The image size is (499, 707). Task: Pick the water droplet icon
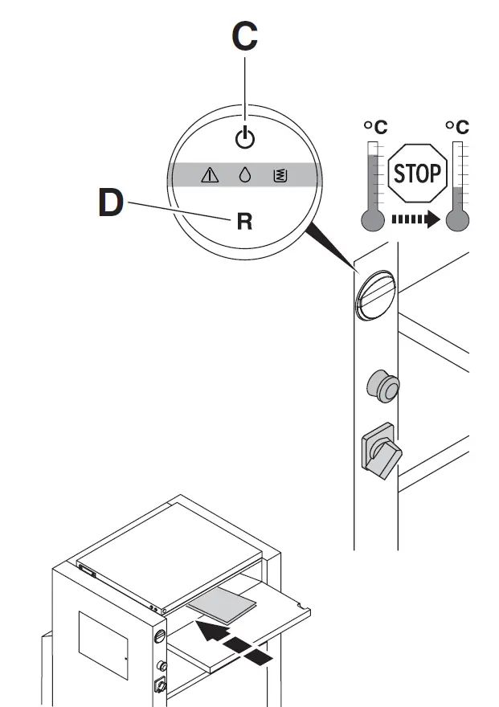click(245, 174)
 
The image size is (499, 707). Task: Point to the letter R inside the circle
click(244, 222)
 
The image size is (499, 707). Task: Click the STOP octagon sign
click(417, 172)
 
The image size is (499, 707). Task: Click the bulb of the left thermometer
click(373, 219)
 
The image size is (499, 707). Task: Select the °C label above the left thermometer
click(374, 127)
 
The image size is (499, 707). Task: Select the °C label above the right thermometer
click(457, 127)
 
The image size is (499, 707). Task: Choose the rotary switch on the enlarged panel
click(379, 452)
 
